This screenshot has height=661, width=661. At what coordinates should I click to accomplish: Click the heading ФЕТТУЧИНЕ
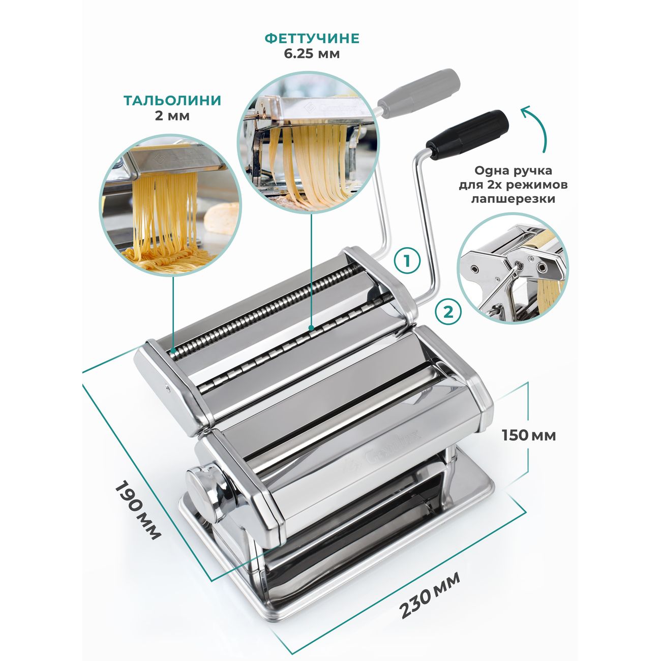coord(312,39)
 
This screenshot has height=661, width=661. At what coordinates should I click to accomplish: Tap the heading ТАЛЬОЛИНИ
coord(172,101)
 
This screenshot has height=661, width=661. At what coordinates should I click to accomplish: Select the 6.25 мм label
coord(312,54)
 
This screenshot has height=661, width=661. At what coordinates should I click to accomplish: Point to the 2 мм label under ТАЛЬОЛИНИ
coord(172,116)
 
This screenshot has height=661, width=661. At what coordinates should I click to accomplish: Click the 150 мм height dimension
coord(529,435)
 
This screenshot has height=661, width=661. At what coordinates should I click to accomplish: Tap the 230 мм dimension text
coord(430,589)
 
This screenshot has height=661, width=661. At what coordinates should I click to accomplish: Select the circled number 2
coord(448,312)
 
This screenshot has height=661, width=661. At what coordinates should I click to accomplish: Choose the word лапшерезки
coord(514,199)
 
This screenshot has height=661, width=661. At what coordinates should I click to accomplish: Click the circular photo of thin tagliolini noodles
coord(170,204)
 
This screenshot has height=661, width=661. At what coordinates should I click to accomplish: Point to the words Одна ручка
coord(514,170)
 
